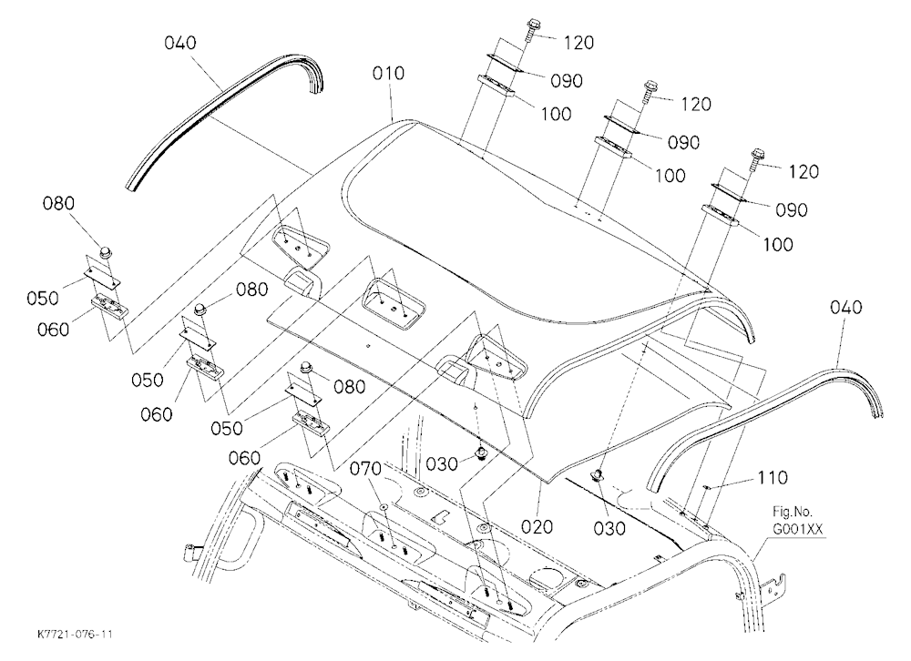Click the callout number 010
click(x=388, y=74)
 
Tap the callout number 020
click(x=537, y=527)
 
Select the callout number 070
click(x=365, y=468)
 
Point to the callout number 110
click(x=773, y=477)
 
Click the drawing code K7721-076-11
click(x=75, y=634)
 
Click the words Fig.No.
click(x=793, y=513)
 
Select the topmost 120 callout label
click(x=578, y=43)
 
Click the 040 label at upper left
click(x=180, y=43)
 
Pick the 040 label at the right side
click(x=846, y=307)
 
